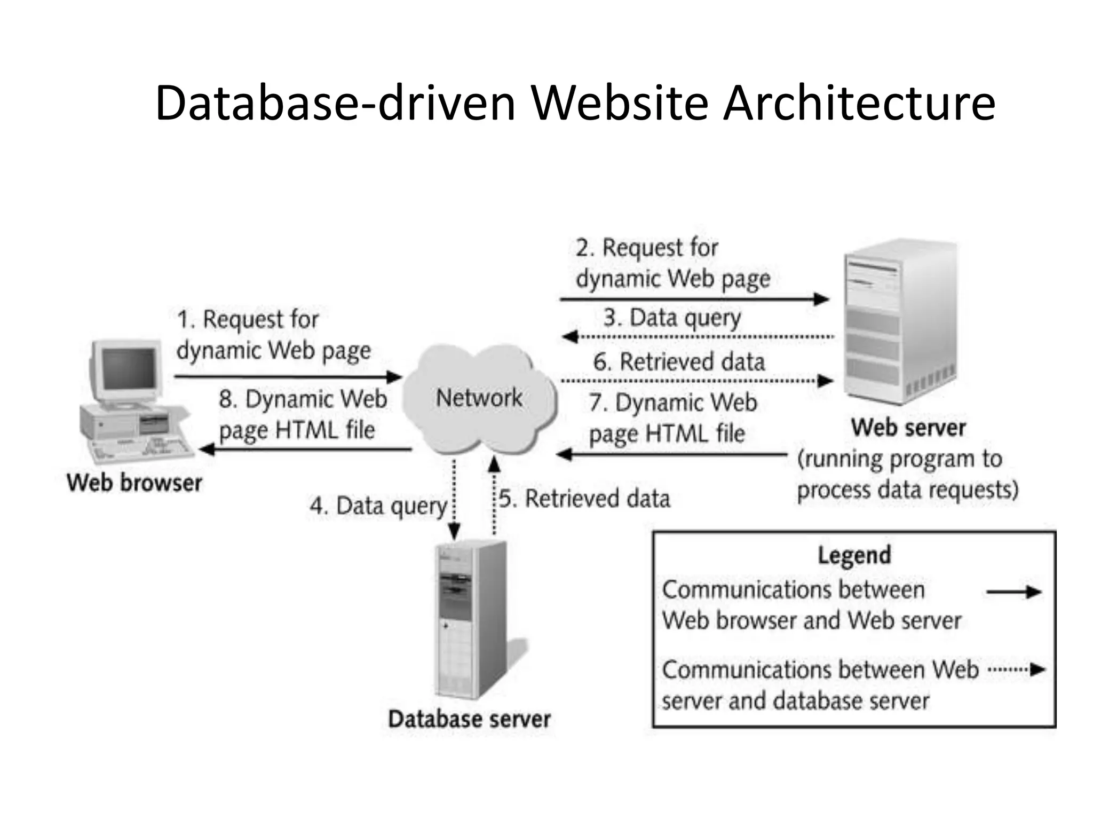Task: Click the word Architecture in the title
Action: [859, 104]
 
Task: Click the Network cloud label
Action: [479, 398]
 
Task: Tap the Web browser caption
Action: [134, 483]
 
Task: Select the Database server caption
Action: [469, 719]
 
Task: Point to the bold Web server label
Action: [908, 428]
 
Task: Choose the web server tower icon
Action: [899, 320]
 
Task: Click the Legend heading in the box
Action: [854, 555]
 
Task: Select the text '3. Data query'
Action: [672, 318]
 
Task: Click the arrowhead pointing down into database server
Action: [454, 532]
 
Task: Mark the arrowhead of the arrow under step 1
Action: [395, 377]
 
